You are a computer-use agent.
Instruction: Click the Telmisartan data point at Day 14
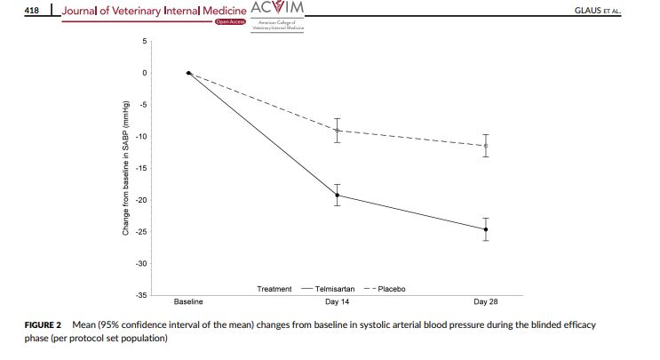pos(338,196)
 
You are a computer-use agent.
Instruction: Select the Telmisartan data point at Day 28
pos(486,229)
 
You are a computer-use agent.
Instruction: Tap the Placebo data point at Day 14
pos(338,130)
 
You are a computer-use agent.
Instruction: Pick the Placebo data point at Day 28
pos(486,145)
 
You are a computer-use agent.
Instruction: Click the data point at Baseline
pos(188,73)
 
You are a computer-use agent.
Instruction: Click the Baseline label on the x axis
pos(188,302)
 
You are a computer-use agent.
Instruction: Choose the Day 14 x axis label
pos(338,302)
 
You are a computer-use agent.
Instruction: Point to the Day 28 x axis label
pos(486,302)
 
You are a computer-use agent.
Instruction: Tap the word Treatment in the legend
pos(274,289)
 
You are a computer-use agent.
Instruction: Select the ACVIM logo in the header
pos(278,9)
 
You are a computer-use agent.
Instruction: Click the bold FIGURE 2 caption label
pos(44,325)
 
